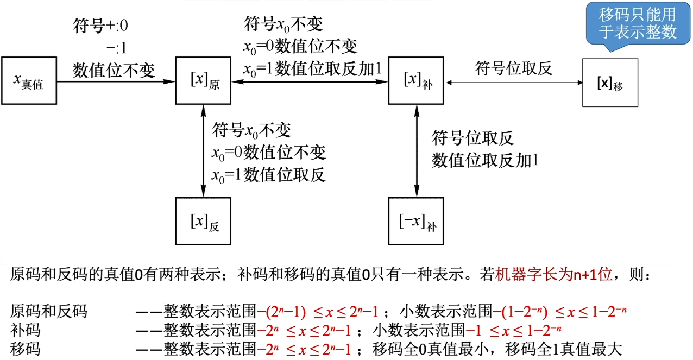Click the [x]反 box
[204, 222]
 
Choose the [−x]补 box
[417, 222]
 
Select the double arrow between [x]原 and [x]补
[310, 82]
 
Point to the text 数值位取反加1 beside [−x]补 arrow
[485, 161]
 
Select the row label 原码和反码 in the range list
[49, 312]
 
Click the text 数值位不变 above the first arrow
[114, 70]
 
